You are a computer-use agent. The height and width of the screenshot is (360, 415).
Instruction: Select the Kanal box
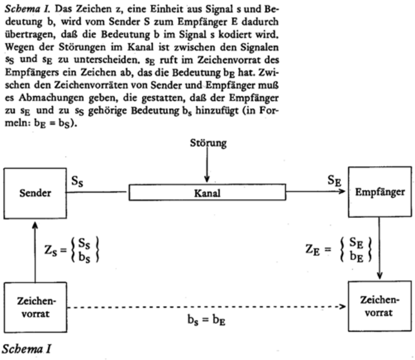[207, 193]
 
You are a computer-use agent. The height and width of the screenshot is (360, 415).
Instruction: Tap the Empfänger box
[378, 193]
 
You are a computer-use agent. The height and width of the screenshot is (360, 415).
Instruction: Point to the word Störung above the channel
[207, 144]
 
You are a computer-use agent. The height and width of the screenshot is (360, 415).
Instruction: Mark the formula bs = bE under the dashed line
[207, 319]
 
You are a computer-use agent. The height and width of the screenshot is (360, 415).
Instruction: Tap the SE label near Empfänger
[335, 181]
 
